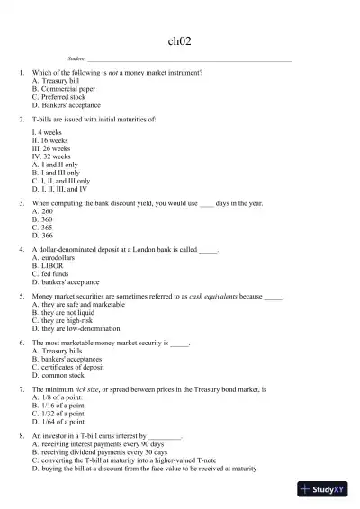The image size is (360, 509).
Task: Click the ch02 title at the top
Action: [180, 40]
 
